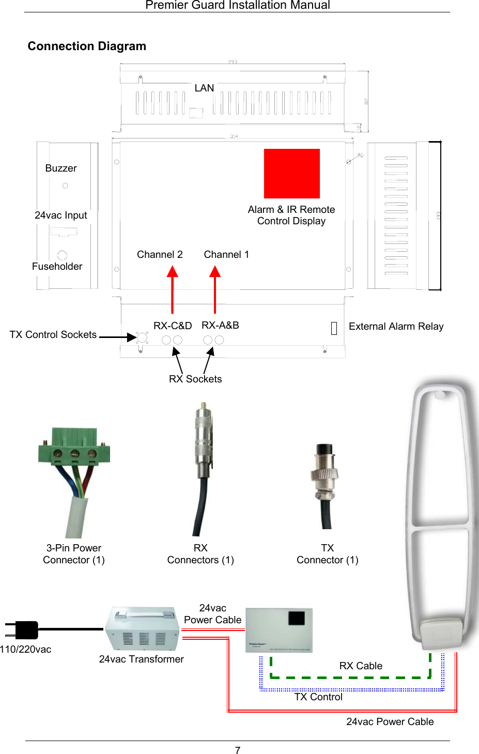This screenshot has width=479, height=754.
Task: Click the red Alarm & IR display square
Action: click(x=291, y=174)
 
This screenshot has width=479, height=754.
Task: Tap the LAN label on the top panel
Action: click(x=204, y=88)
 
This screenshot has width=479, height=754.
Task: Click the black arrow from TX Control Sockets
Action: click(x=117, y=337)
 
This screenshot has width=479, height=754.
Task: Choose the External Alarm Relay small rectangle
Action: click(x=334, y=328)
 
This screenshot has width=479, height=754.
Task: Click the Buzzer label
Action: click(x=61, y=168)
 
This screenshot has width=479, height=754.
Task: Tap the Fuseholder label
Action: click(x=57, y=267)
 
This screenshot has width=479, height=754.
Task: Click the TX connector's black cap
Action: click(x=325, y=451)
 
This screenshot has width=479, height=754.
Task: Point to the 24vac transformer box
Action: click(x=143, y=629)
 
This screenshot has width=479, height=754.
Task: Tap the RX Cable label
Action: click(x=361, y=666)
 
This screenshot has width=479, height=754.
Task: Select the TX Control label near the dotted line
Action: click(x=318, y=697)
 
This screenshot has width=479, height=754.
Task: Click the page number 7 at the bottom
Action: click(x=238, y=750)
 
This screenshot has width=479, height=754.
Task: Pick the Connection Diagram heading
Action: click(x=87, y=47)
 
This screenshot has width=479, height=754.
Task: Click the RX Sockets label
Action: click(x=195, y=379)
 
